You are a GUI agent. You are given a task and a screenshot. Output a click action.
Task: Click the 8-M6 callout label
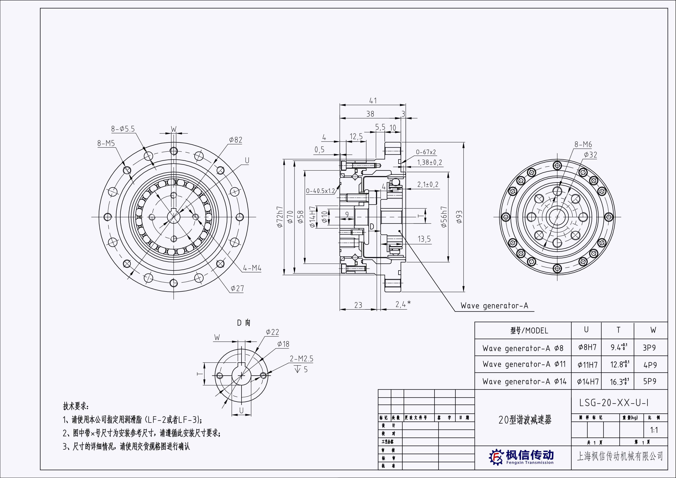point(583,145)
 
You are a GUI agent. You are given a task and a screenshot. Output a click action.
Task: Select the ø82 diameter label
point(236,140)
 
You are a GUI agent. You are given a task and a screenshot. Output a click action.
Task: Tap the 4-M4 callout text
point(252,268)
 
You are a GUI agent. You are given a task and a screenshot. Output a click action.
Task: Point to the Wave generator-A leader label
point(494,306)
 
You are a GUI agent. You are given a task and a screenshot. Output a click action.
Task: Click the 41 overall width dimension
point(373,101)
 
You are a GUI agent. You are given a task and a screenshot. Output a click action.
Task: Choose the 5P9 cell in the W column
point(650,381)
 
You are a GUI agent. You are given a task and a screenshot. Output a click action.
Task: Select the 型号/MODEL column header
point(529,331)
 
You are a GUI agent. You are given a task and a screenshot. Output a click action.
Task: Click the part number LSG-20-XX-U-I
point(614,403)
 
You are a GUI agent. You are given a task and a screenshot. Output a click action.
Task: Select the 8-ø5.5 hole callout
point(123,129)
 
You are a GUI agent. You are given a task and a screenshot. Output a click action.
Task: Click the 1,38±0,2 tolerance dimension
point(430,163)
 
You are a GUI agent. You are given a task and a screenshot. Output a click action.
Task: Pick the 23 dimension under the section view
point(358,305)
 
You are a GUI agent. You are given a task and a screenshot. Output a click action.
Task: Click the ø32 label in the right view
point(590,155)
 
